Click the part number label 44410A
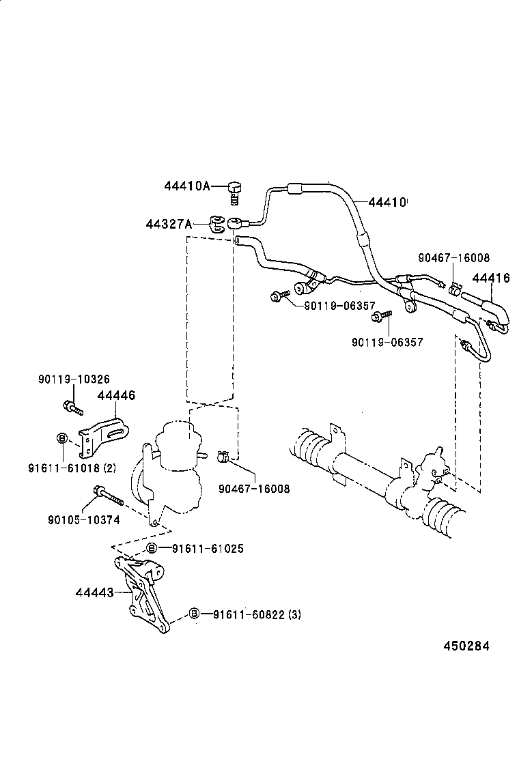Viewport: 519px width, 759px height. click(x=186, y=186)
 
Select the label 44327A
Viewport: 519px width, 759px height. click(x=168, y=223)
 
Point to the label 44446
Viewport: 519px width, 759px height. click(x=116, y=395)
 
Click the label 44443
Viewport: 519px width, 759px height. click(x=94, y=592)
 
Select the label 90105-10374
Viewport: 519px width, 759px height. click(x=83, y=520)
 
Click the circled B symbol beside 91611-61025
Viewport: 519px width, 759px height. click(x=152, y=549)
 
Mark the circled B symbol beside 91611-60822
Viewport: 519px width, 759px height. click(x=194, y=614)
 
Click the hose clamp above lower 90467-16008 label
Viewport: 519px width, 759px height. click(x=223, y=456)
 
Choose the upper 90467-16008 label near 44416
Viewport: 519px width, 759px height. click(x=453, y=258)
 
